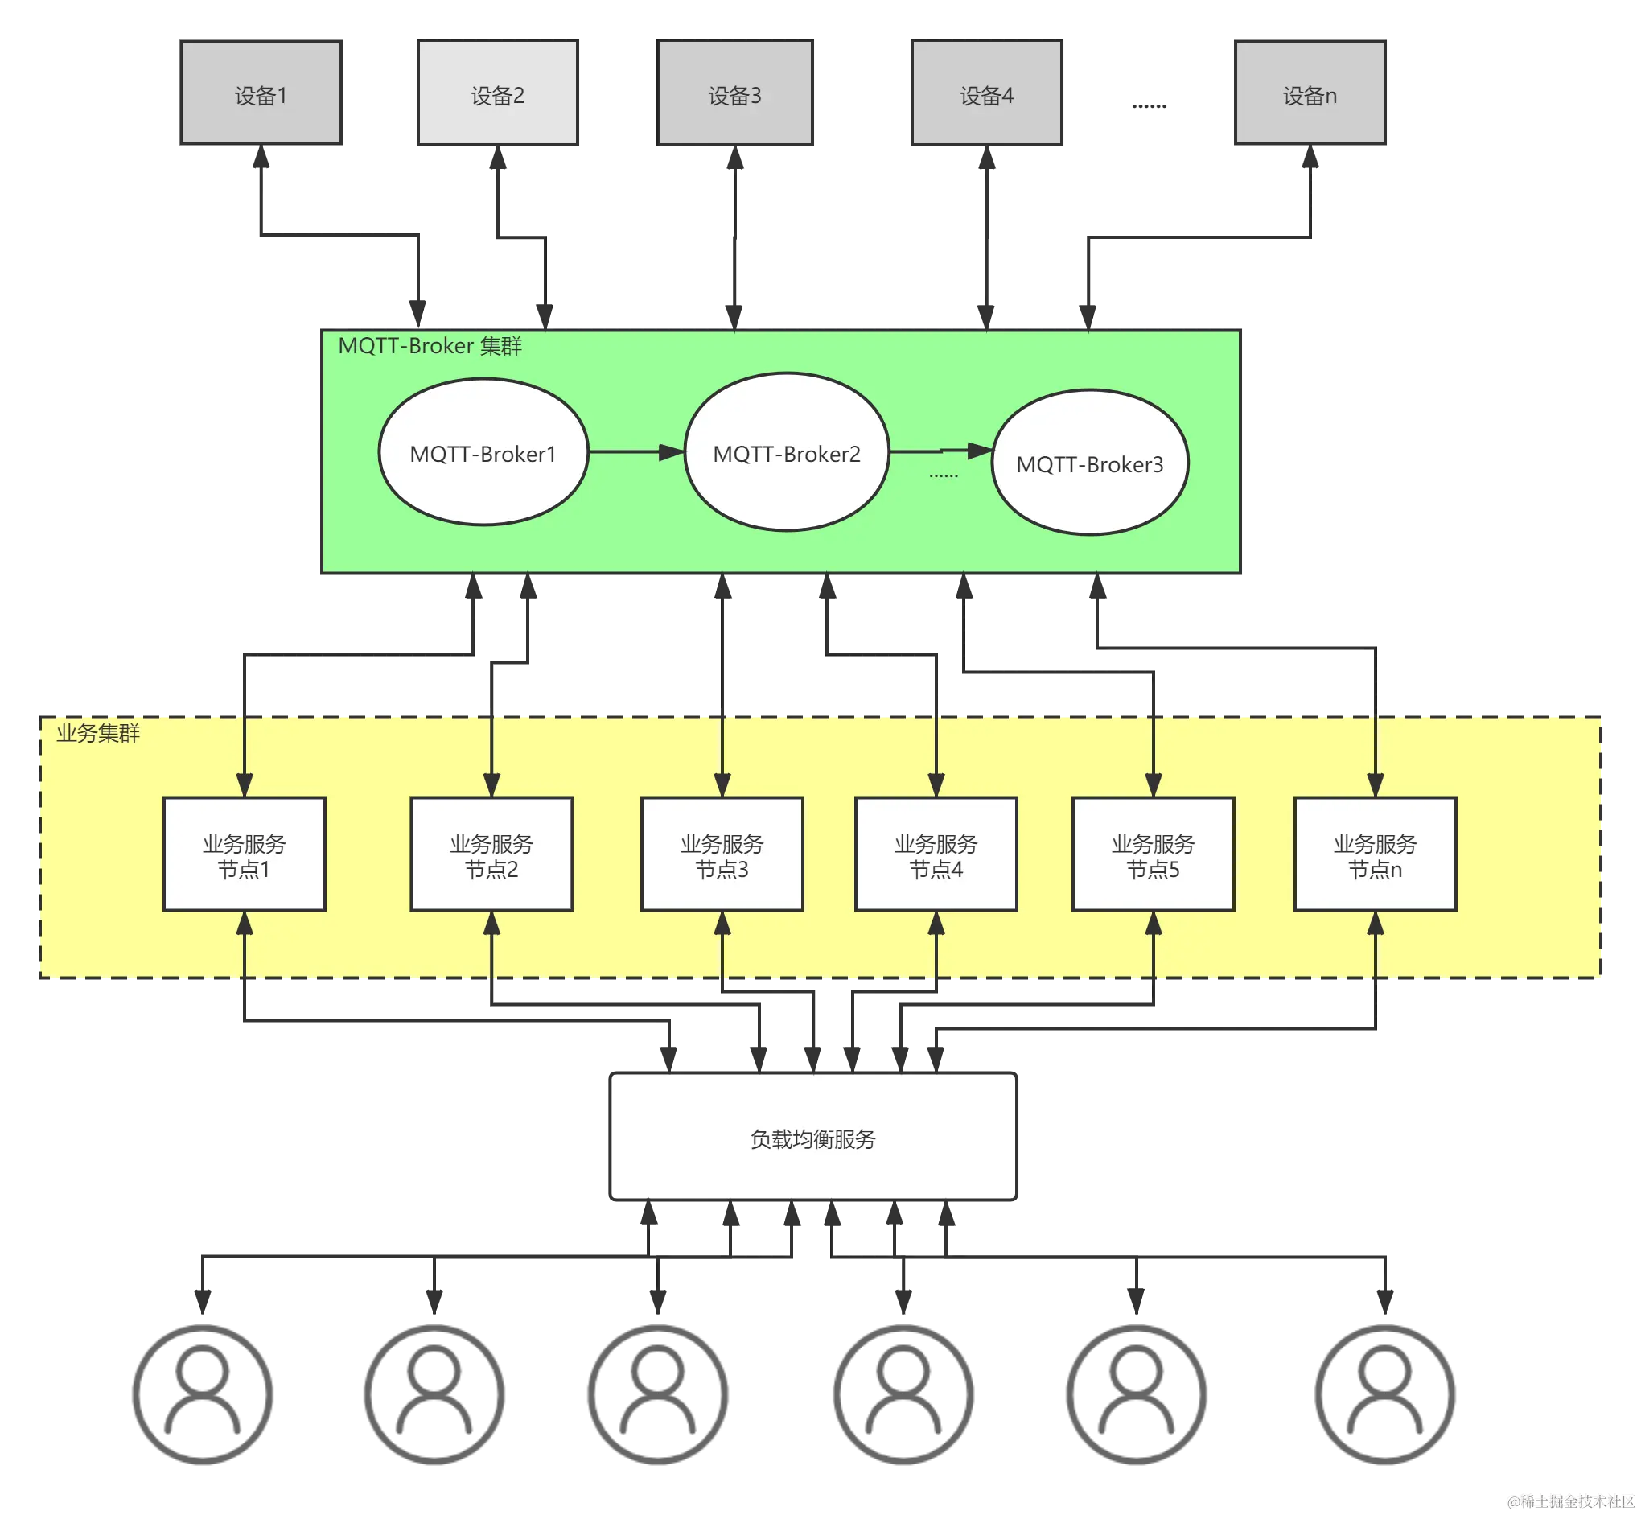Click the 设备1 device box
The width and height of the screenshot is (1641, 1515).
pyautogui.click(x=261, y=93)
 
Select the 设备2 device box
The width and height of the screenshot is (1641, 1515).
pyautogui.click(x=498, y=93)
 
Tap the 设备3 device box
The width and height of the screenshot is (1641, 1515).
pyautogui.click(x=735, y=93)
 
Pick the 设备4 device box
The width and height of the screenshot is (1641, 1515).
pyautogui.click(x=987, y=93)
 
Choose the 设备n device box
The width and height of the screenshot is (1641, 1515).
pyautogui.click(x=1309, y=93)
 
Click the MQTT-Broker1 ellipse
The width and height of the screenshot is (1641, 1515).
pyautogui.click(x=483, y=451)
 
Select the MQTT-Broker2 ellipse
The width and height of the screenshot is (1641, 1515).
pyautogui.click(x=786, y=451)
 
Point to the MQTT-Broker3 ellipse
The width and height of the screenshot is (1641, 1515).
pyautogui.click(x=1089, y=463)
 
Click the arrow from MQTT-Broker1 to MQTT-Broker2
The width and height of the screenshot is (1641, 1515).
pyautogui.click(x=635, y=451)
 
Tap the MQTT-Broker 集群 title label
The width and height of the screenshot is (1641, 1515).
pyautogui.click(x=430, y=346)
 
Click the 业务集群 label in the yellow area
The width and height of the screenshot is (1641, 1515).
pyautogui.click(x=97, y=733)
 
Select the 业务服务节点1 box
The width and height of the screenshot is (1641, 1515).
pyautogui.click(x=245, y=854)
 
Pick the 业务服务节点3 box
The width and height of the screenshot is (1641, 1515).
pyautogui.click(x=722, y=854)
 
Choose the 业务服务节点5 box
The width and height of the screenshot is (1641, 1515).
pyautogui.click(x=1153, y=854)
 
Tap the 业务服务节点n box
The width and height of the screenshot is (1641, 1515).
pyautogui.click(x=1375, y=854)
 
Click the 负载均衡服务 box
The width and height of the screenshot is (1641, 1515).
pyautogui.click(x=813, y=1138)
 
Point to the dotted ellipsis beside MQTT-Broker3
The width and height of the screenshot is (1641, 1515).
pyautogui.click(x=944, y=475)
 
